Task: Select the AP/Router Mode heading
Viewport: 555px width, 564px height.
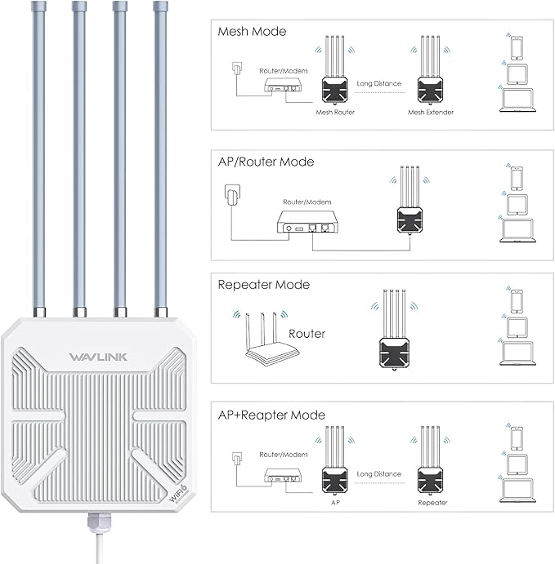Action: tap(266, 162)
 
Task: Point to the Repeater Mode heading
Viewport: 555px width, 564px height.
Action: tap(263, 285)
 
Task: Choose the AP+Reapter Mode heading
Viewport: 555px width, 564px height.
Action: tap(271, 415)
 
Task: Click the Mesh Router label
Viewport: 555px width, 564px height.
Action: tap(335, 112)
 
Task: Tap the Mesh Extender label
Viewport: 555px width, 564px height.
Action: tap(430, 112)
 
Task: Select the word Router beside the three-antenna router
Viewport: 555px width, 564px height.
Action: tap(307, 334)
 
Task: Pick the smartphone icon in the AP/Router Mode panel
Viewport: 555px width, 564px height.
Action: tap(516, 177)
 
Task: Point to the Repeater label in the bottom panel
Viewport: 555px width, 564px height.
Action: tap(432, 503)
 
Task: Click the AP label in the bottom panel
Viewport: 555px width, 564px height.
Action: tap(335, 503)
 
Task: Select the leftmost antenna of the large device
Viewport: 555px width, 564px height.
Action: tap(38, 155)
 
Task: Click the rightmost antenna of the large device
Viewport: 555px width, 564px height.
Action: tap(159, 155)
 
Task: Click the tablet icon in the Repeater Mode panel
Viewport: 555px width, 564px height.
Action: tap(516, 326)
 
